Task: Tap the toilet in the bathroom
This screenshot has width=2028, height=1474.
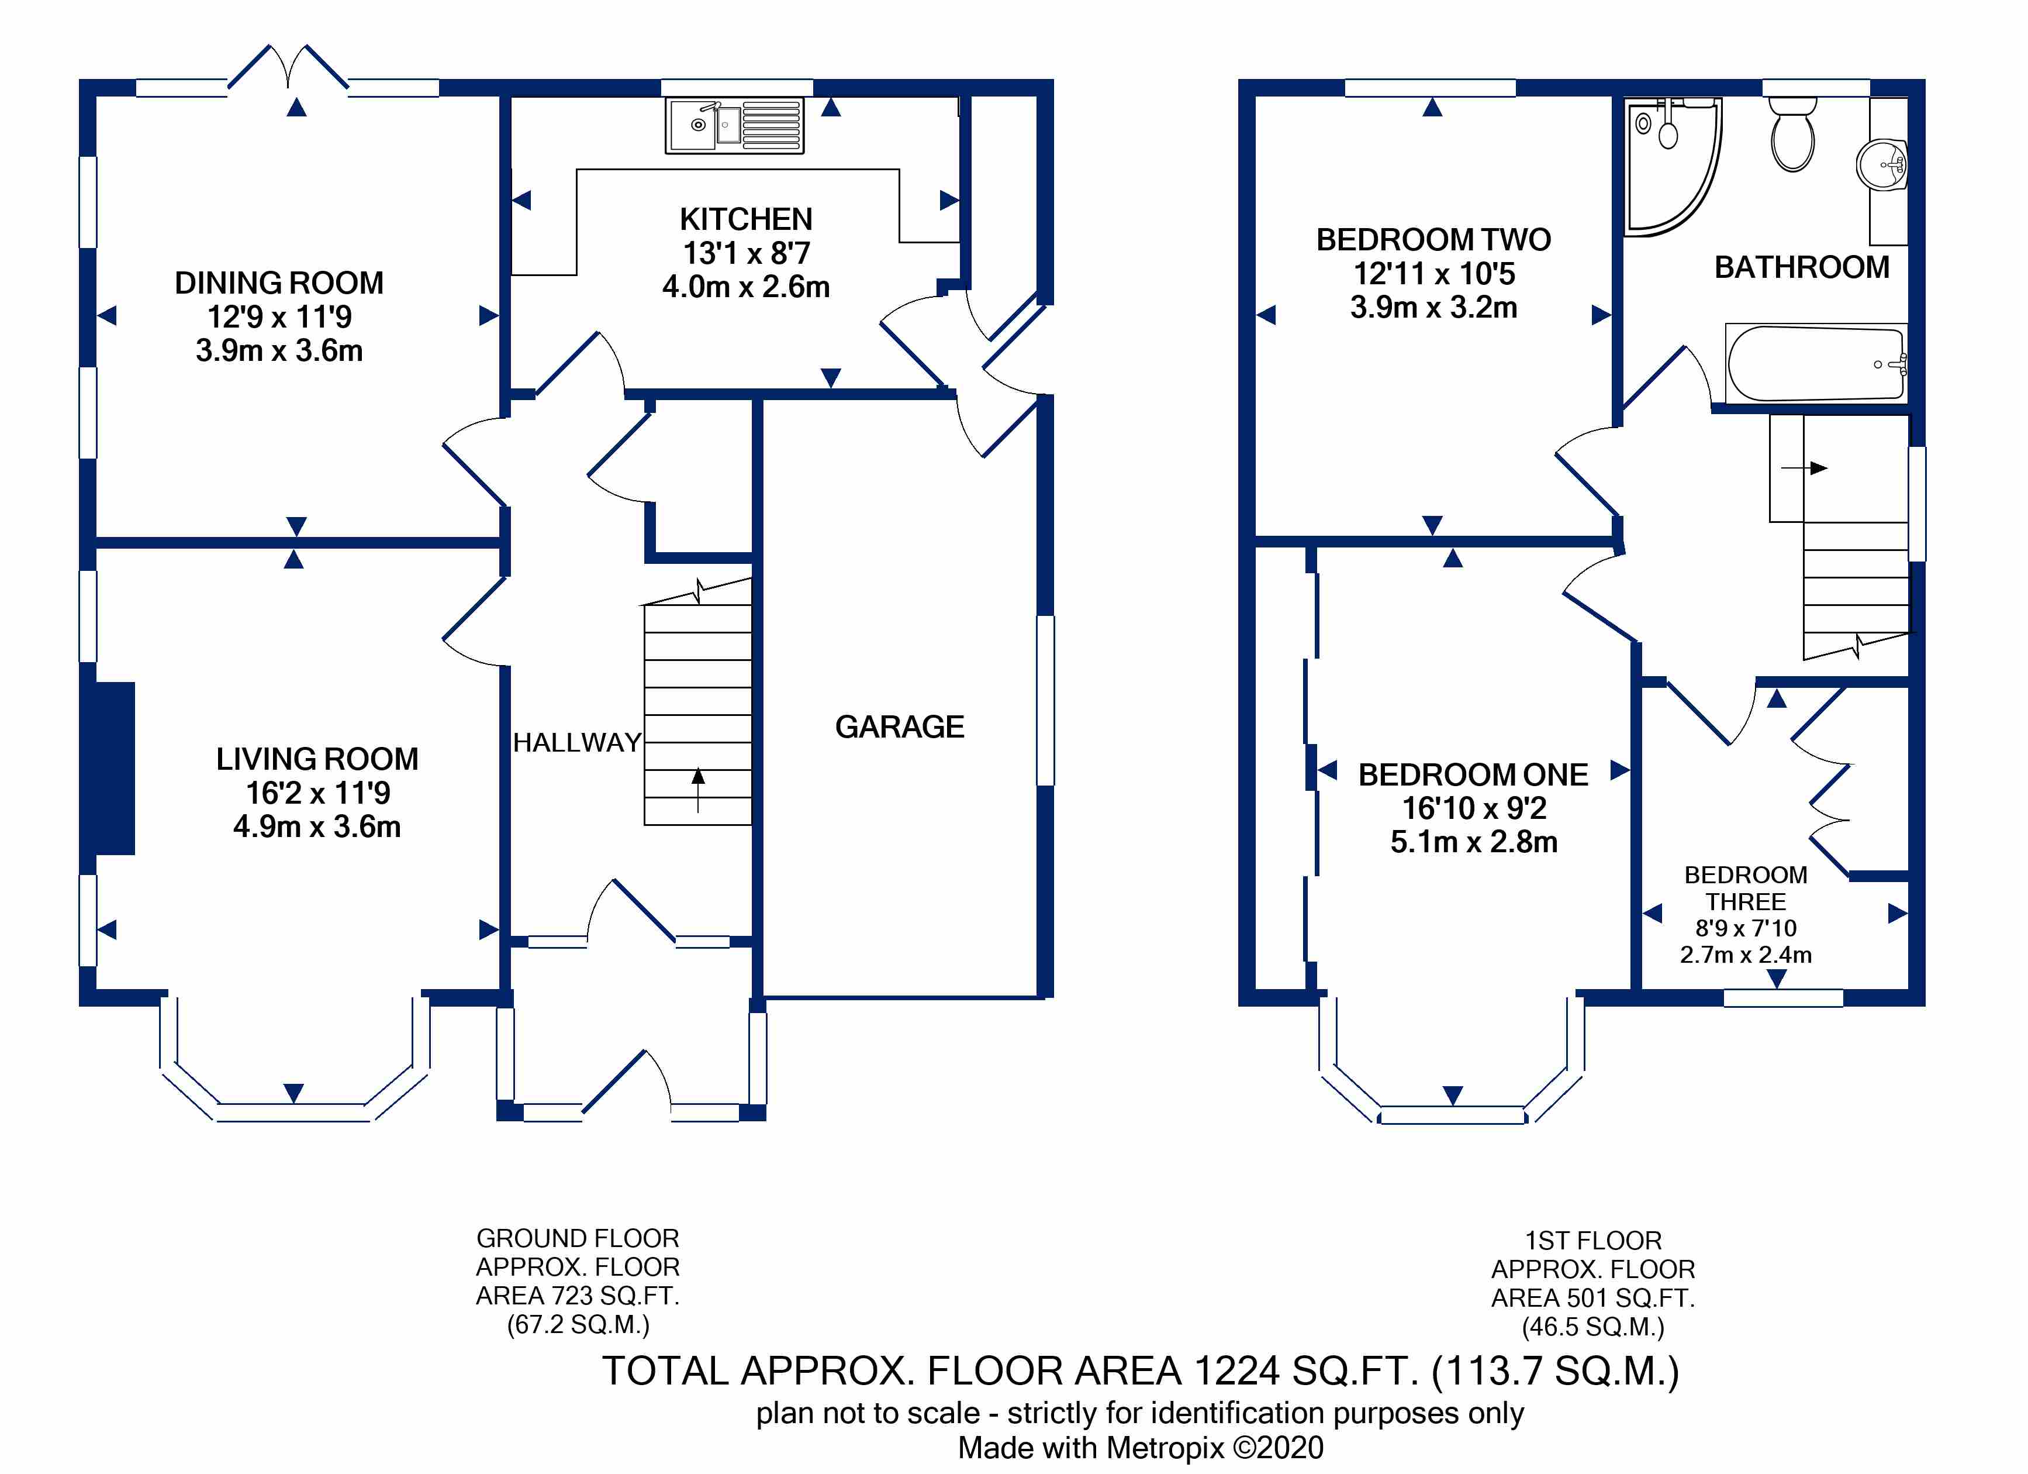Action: point(1793,133)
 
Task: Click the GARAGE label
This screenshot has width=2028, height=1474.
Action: point(900,727)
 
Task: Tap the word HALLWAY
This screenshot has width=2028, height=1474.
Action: point(577,742)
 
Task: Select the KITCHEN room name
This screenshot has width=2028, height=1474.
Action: point(746,219)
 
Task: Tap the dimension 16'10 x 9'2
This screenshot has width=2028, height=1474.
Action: point(1474,808)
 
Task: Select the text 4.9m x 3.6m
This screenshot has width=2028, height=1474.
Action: point(317,827)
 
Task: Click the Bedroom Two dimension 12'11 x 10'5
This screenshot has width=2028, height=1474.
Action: point(1434,274)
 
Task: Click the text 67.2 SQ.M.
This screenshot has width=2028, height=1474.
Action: point(578,1325)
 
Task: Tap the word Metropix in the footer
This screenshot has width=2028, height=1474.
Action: point(1165,1448)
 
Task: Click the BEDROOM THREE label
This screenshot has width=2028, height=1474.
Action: point(1746,888)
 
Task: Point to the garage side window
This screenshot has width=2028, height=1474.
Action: point(1045,700)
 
